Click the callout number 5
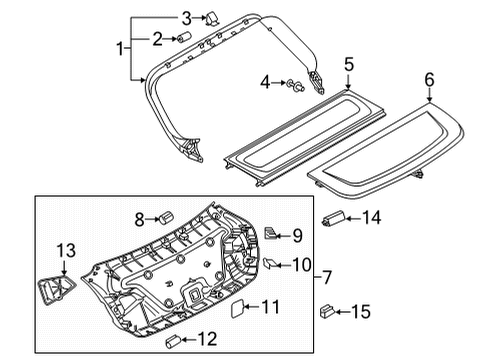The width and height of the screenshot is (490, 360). point(349,64)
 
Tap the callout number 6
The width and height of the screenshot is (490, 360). point(429,80)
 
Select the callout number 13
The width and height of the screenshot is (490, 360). point(66,251)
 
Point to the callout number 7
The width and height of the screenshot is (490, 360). point(327,277)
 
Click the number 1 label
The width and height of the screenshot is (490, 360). point(120,49)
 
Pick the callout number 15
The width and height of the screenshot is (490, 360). point(361,312)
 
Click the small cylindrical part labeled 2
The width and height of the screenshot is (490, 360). point(183,37)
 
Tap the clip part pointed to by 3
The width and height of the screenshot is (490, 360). point(212,19)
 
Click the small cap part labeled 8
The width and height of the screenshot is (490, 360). point(166,217)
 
